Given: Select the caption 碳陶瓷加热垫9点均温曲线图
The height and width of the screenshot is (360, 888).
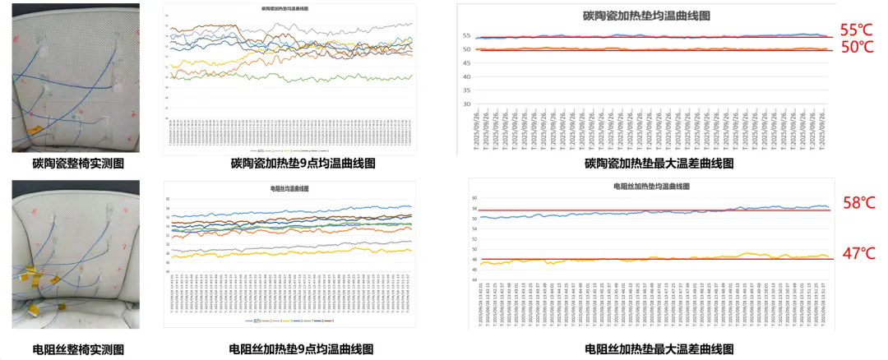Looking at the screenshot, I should [303, 164].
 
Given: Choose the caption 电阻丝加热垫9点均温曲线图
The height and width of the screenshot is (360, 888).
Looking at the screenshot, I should [303, 350].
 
